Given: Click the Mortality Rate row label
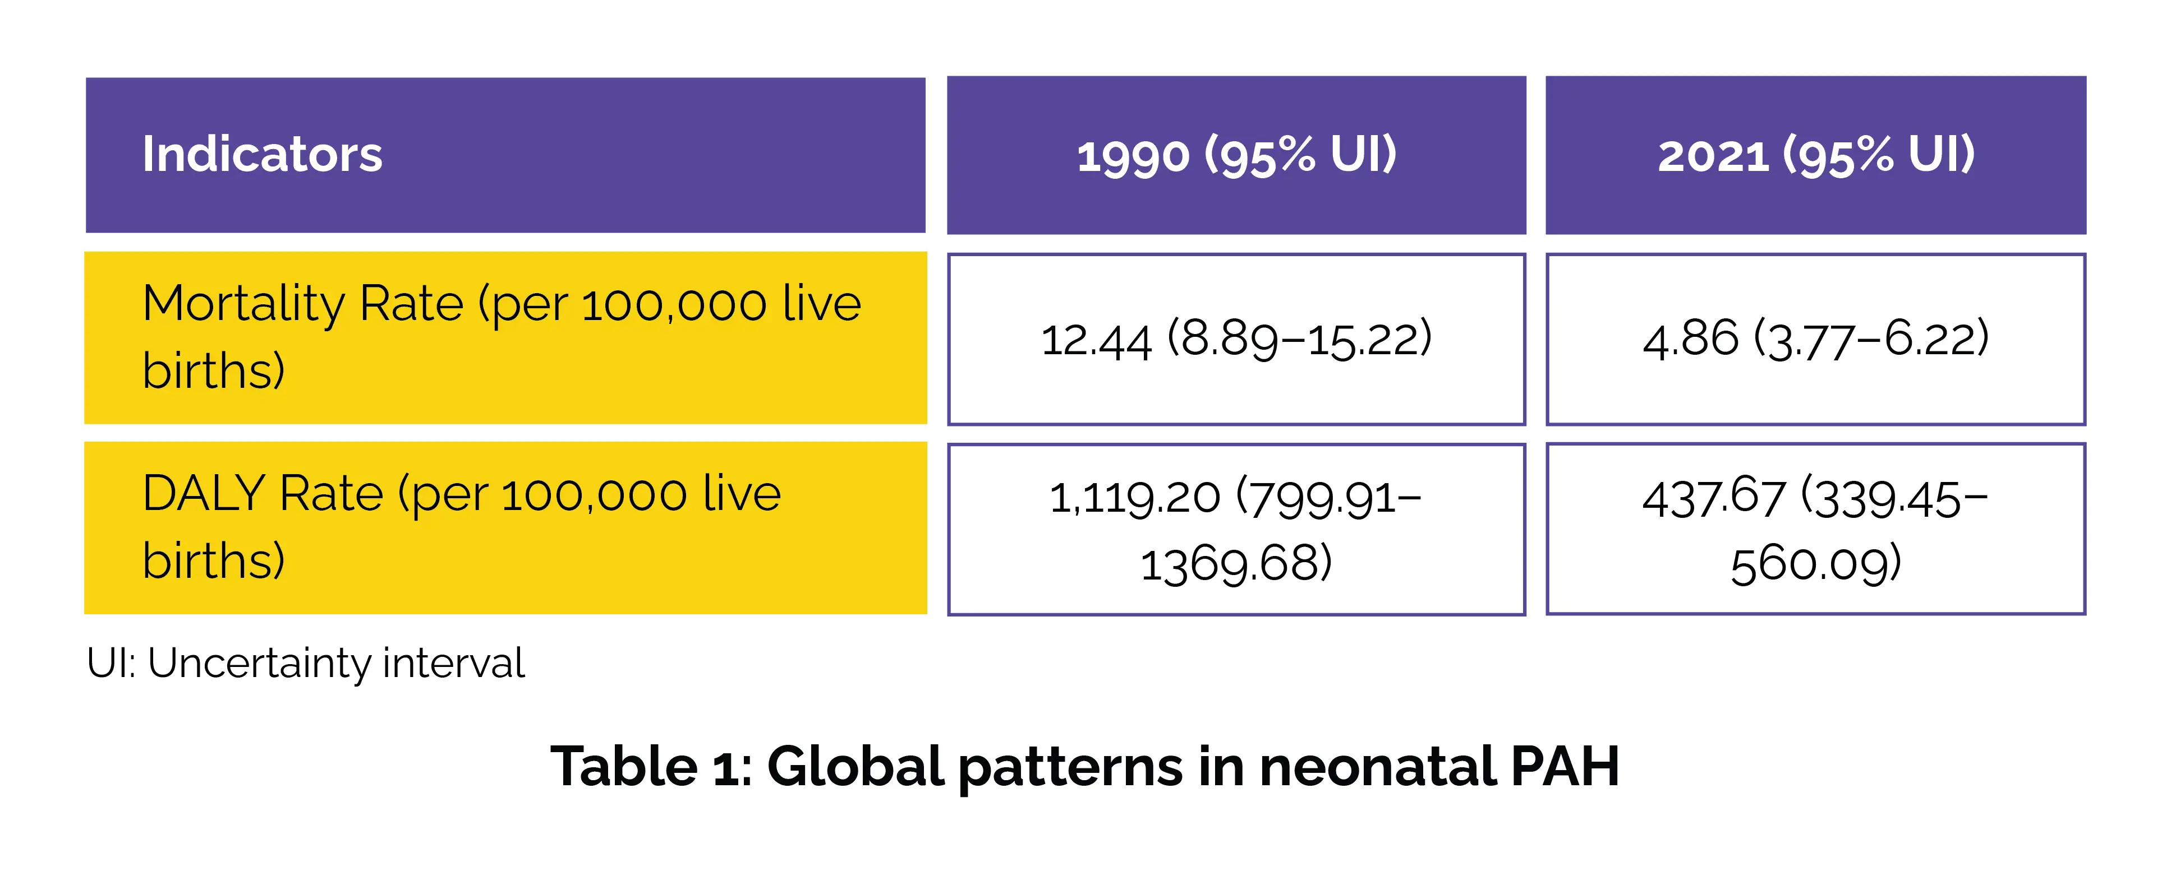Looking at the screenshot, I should point(502,336).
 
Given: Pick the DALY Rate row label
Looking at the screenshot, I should point(462,526).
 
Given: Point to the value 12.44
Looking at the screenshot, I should point(1096,340).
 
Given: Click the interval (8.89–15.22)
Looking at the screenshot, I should point(1300,339).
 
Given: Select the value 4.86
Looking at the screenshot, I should point(1690,339).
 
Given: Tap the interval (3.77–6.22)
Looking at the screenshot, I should point(1871,339).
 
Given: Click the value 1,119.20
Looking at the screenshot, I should point(1134,497).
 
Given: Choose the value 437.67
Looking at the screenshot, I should point(1713,497).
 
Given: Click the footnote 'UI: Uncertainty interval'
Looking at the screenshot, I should point(305,663).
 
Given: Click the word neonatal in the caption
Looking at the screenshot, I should point(1377,767).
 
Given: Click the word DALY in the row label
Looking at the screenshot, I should point(204,494).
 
